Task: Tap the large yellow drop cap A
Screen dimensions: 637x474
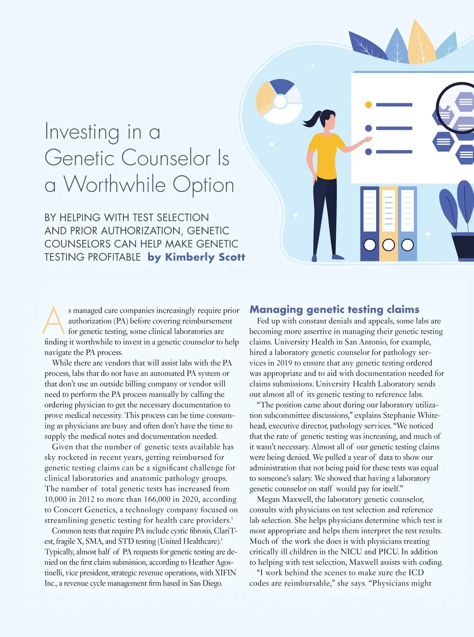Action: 54,320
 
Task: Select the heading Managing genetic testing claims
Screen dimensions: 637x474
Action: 334,309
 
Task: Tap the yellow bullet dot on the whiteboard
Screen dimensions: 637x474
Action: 368,105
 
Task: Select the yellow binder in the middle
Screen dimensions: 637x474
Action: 388,223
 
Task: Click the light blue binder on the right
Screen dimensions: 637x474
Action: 407,223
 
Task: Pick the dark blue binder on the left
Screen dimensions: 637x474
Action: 370,223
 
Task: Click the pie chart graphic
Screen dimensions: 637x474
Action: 279,101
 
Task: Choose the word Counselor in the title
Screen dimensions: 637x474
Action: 166,158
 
